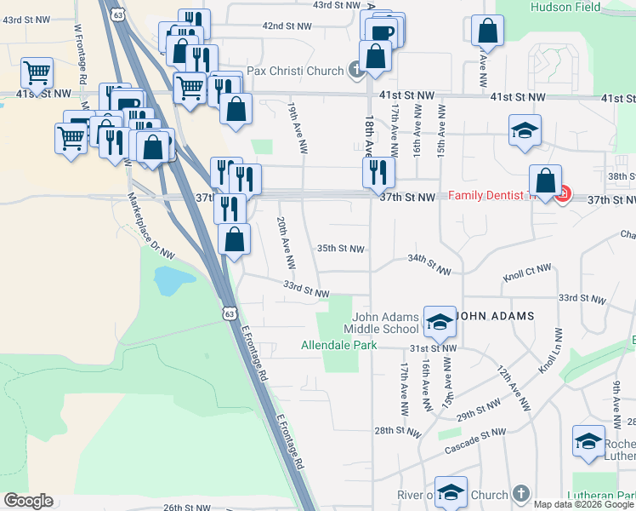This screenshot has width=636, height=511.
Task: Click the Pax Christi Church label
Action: point(295,71)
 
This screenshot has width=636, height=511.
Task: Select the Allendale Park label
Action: point(338,346)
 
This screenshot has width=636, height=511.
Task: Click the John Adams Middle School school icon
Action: point(440,321)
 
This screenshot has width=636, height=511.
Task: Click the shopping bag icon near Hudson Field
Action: point(488,31)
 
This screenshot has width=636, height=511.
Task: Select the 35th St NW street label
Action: point(340,249)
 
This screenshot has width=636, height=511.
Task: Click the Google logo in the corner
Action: point(28,501)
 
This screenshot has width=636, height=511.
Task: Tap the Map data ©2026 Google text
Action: point(583,504)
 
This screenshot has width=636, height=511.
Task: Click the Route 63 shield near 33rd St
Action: point(230,313)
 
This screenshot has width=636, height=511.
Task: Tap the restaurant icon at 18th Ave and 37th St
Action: point(378,173)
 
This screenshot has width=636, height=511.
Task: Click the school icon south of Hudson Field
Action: point(525,130)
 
